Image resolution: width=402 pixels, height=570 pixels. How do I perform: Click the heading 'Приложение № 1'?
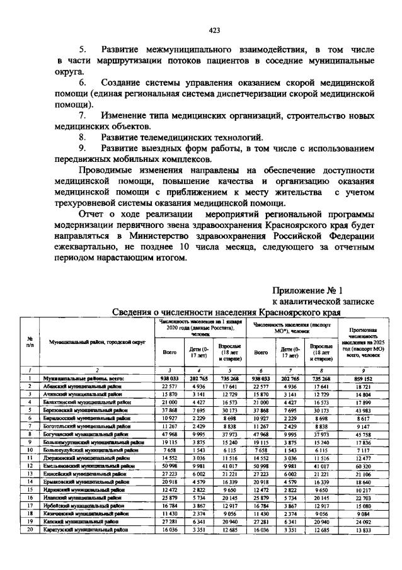pyautogui.click(x=307, y=290)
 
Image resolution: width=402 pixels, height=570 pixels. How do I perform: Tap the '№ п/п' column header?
pyautogui.click(x=30, y=341)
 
